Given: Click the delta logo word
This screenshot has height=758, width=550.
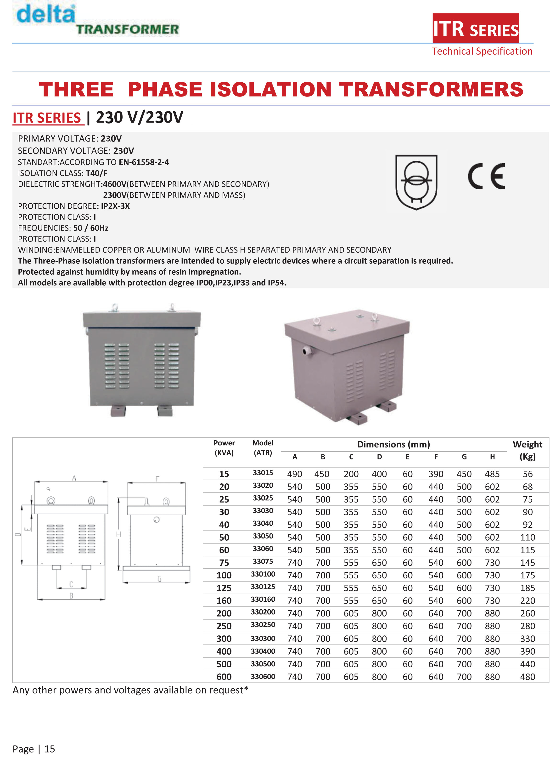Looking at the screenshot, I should point(46,14).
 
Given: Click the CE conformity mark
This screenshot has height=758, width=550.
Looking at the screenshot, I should point(486,176).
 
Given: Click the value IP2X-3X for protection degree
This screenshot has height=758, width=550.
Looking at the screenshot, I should point(115,206).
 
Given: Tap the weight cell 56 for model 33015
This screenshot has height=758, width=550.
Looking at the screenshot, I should point(528,474).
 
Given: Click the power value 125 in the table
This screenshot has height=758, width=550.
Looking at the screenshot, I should point(224,588).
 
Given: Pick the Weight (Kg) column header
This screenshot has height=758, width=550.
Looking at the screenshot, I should point(527,450).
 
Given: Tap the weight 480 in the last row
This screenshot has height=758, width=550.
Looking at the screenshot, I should point(528,677).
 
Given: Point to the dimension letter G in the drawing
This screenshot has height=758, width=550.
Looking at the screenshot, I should point(159,579).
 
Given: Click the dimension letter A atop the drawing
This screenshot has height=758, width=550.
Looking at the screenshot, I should point(74,478).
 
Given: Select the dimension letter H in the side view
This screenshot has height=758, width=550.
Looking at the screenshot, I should point(119,534).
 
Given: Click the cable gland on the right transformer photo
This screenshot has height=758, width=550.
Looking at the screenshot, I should point(306,351).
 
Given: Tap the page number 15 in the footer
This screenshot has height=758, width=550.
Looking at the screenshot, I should point(50,749).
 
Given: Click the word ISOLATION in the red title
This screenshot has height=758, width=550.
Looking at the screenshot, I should point(270,90).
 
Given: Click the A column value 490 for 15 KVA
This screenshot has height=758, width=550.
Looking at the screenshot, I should point(294,474).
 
